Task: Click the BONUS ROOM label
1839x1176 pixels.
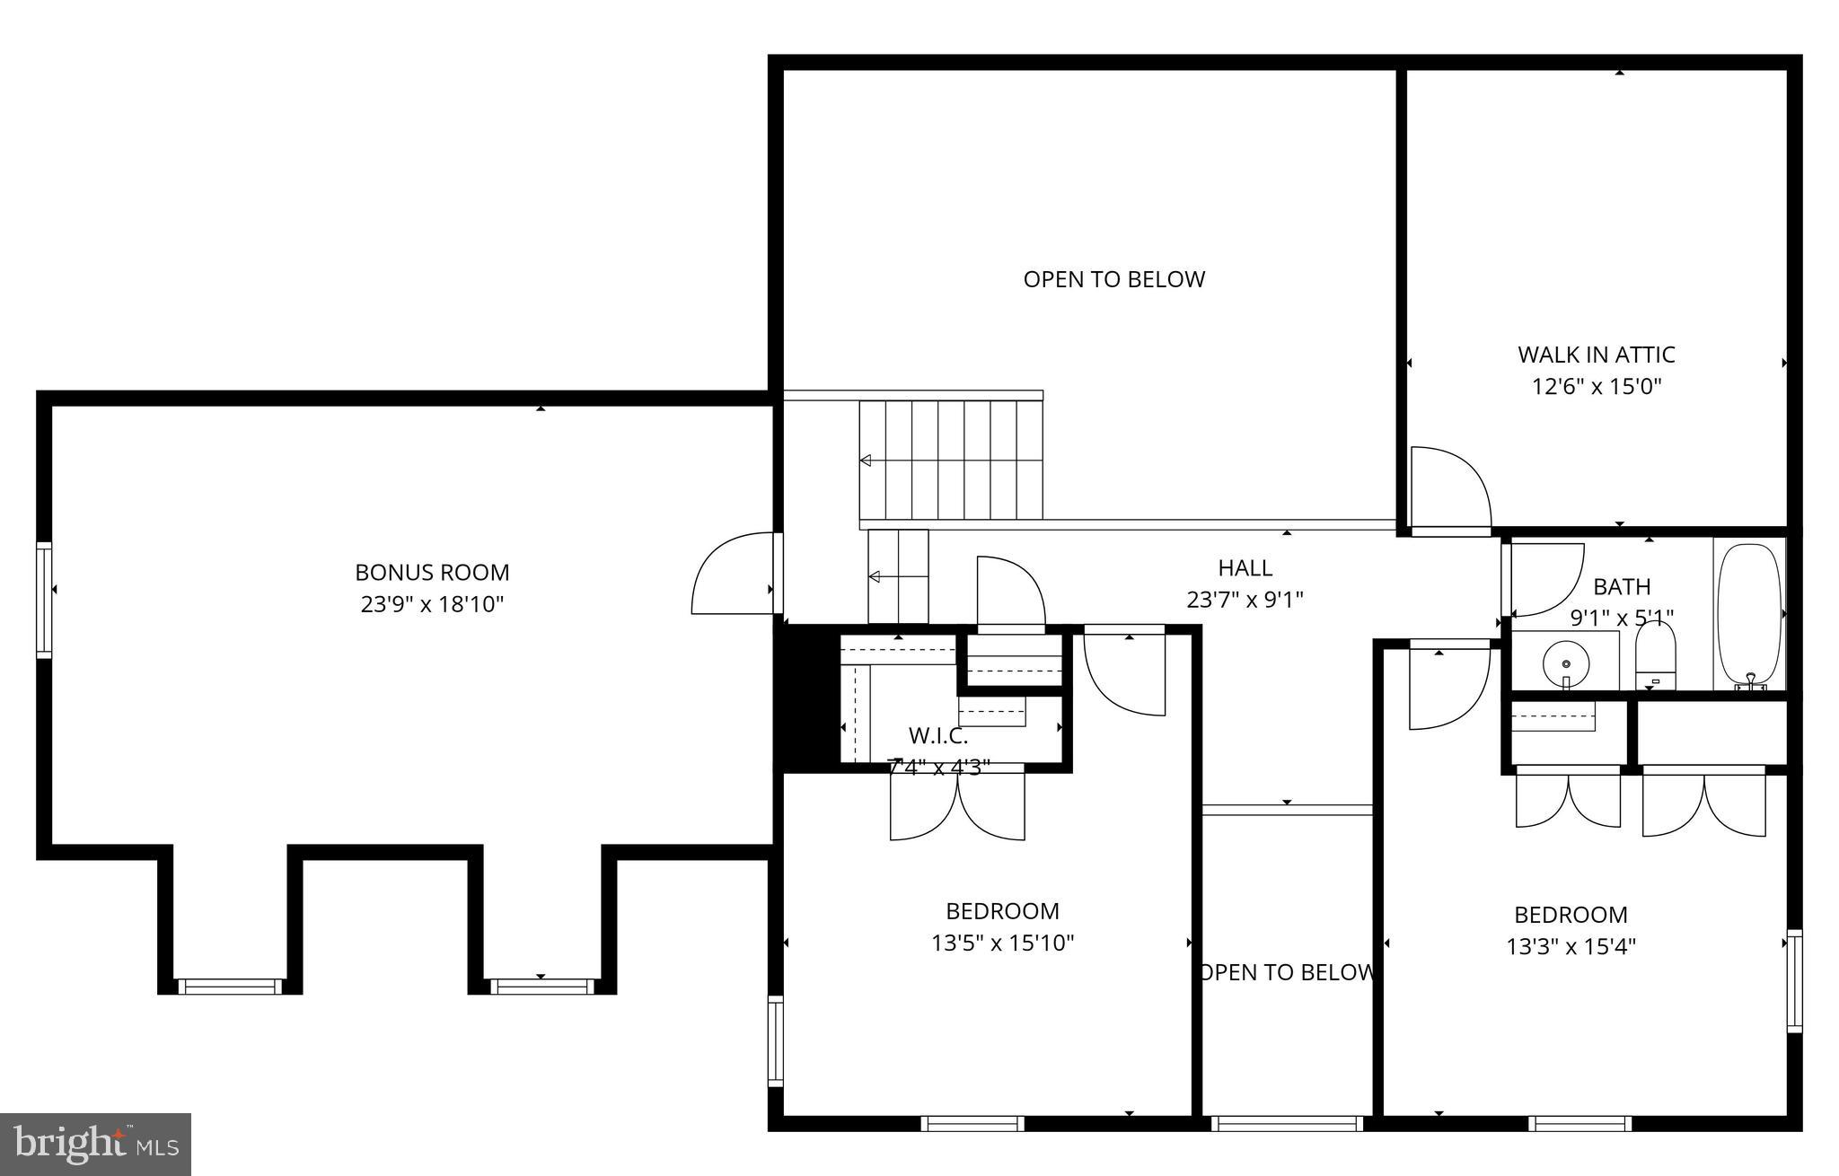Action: coord(432,572)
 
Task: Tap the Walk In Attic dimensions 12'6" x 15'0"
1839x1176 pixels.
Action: coord(1596,387)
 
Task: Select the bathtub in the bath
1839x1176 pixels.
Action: coord(1748,616)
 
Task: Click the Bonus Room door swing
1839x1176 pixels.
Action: coord(732,575)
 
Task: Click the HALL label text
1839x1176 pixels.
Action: coord(1245,567)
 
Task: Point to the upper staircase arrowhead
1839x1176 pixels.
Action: coord(866,461)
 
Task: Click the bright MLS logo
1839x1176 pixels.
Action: coord(95,1144)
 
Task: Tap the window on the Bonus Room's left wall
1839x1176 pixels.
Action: coord(43,599)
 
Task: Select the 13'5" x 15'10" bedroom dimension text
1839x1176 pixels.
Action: coord(1002,943)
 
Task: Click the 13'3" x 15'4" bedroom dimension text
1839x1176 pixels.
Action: coord(1571,947)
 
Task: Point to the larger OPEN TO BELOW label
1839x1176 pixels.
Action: coord(1113,279)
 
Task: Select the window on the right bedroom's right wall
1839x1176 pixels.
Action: coord(1793,980)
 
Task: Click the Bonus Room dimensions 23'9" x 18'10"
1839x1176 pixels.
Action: coord(432,604)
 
